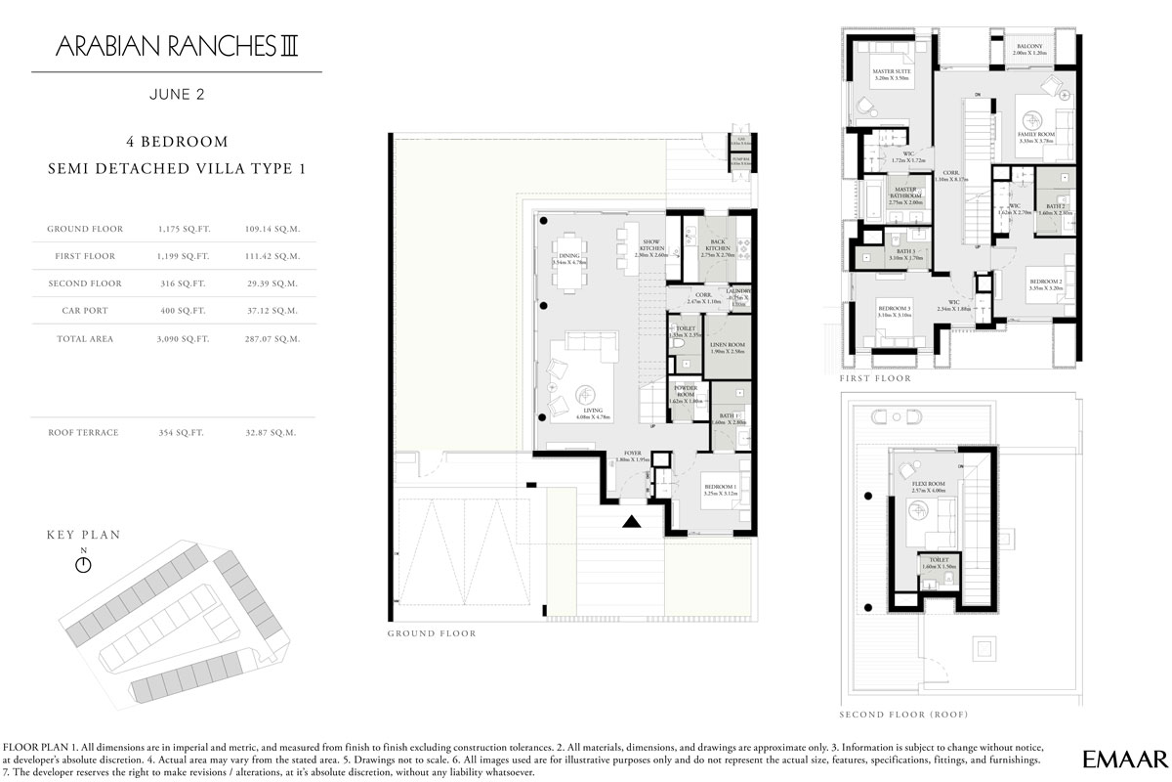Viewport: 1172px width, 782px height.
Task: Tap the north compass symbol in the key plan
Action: point(83,564)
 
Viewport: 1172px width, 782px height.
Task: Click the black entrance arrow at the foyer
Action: point(633,522)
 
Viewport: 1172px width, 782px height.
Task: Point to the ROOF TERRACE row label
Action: point(84,432)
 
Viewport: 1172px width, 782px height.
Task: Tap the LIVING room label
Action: point(593,413)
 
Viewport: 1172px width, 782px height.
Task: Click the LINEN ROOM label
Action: point(728,346)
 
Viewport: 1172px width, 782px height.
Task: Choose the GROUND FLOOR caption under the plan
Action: point(432,633)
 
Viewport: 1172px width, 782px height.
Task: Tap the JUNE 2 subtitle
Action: point(177,96)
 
